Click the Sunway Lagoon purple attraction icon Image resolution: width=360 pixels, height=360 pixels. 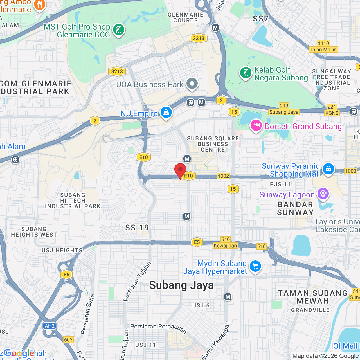pos(323,193)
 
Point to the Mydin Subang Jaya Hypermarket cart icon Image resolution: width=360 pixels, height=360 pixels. pos(255,266)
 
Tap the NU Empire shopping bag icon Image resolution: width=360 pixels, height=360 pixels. pos(166,112)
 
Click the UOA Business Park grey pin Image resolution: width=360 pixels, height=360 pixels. pos(192,84)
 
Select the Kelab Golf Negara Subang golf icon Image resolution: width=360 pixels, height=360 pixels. pos(246,73)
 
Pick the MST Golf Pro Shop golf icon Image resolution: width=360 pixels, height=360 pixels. pos(119,30)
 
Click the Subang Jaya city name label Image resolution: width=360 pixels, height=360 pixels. pos(181,285)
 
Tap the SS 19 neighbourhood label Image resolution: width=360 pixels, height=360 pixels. pos(137,228)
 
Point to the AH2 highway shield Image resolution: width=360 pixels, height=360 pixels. pos(49,326)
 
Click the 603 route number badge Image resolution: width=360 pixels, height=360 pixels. pos(68,340)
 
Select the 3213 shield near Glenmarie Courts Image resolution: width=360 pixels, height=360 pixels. pos(199,38)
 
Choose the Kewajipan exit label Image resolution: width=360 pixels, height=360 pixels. pos(225,246)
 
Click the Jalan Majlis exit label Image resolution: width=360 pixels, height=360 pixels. pos(323,49)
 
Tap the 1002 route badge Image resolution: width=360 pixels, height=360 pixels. pos(223,176)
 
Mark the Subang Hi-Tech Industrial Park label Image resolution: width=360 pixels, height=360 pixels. pos(73,201)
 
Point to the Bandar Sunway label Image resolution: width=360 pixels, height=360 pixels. pos(295,208)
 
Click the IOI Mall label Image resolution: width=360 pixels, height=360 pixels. pos(344,346)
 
